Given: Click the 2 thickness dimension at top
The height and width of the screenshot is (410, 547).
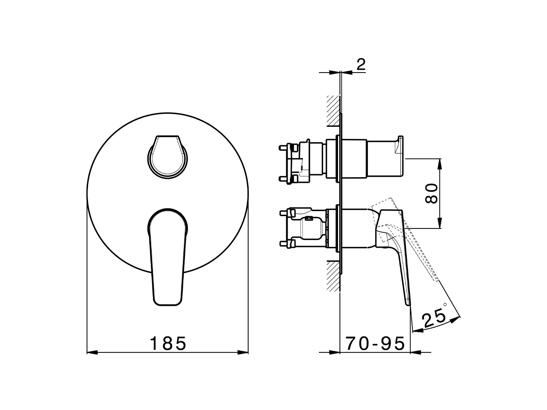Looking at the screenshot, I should point(361,65).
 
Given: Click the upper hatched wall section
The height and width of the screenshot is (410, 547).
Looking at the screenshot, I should point(333,111).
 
